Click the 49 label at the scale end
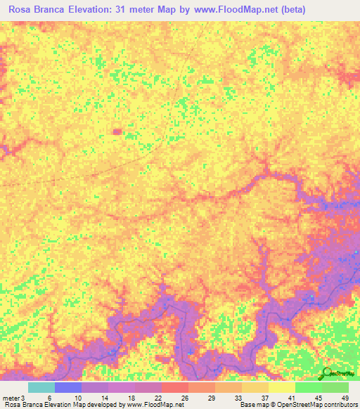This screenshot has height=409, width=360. (345, 397)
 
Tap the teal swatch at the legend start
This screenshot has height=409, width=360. (41, 387)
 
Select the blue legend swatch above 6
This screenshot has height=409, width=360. (67, 387)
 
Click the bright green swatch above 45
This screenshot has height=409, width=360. (308, 387)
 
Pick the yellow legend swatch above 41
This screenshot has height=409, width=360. (281, 387)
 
